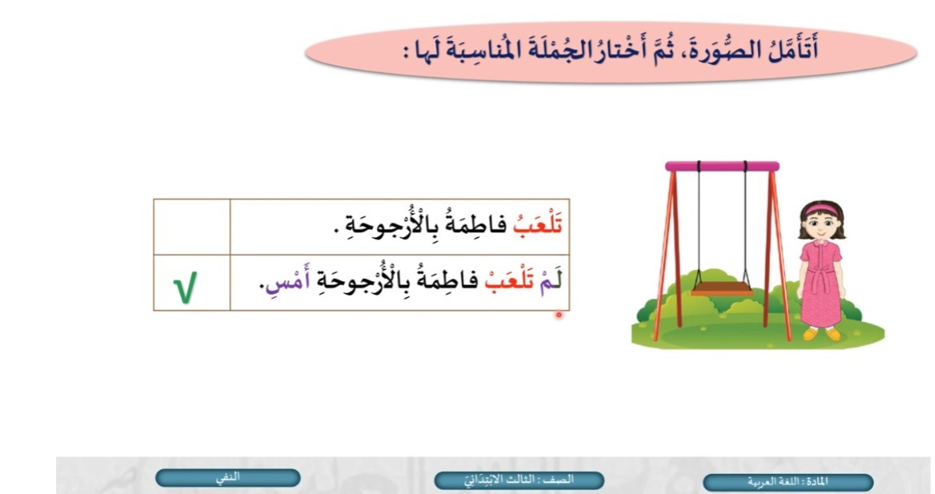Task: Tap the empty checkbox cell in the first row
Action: point(192,227)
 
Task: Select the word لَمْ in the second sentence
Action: point(551,281)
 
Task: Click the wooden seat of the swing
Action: point(722,289)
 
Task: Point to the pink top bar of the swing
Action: point(722,166)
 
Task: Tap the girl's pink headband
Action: point(821,207)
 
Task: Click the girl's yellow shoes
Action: point(821,334)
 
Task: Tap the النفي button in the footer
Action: point(227,477)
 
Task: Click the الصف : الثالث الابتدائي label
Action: point(519,480)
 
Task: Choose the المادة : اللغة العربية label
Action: point(788,481)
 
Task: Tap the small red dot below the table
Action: point(559,315)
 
